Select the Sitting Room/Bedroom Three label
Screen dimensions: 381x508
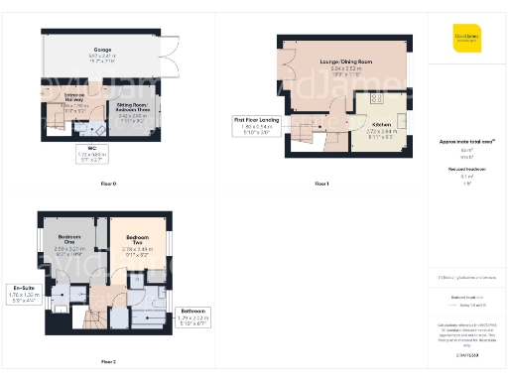(x=132, y=110)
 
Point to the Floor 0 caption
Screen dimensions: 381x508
(x=108, y=185)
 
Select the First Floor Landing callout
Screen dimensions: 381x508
(x=249, y=124)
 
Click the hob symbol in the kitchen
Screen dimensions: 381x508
(x=377, y=99)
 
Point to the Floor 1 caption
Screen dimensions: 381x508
(x=320, y=185)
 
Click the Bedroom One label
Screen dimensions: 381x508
(x=68, y=242)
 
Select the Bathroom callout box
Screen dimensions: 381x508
(x=194, y=317)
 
